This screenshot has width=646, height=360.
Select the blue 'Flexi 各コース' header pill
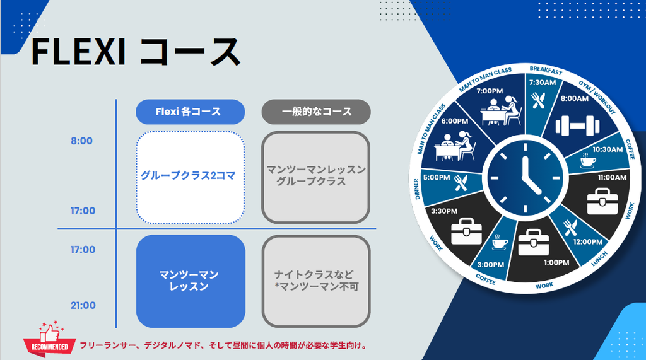tap(191, 112)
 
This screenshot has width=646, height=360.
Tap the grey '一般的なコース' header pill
tap(316, 112)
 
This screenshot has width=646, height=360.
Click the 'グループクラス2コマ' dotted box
tap(191, 177)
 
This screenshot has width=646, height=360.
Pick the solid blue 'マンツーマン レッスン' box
tap(191, 281)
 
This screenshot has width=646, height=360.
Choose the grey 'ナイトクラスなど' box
tap(316, 281)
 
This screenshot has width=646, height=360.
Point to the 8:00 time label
tap(81, 141)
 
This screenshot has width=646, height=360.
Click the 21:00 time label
tap(83, 305)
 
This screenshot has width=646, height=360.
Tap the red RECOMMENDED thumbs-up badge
tap(50, 339)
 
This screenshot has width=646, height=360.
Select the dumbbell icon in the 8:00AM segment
tap(578, 125)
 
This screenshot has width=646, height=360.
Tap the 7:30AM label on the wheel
tap(543, 83)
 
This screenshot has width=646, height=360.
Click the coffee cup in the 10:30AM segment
tap(588, 161)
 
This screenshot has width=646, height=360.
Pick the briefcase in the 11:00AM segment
tap(602, 201)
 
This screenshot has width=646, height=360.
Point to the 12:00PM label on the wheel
tap(587, 241)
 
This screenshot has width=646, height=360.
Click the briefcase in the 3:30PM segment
tap(466, 231)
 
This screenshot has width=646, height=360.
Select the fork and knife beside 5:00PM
tap(461, 183)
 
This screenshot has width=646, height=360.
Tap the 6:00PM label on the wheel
tap(455, 121)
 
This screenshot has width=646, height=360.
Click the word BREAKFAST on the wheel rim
tap(546, 71)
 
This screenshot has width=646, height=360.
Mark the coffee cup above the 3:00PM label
tap(500, 243)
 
